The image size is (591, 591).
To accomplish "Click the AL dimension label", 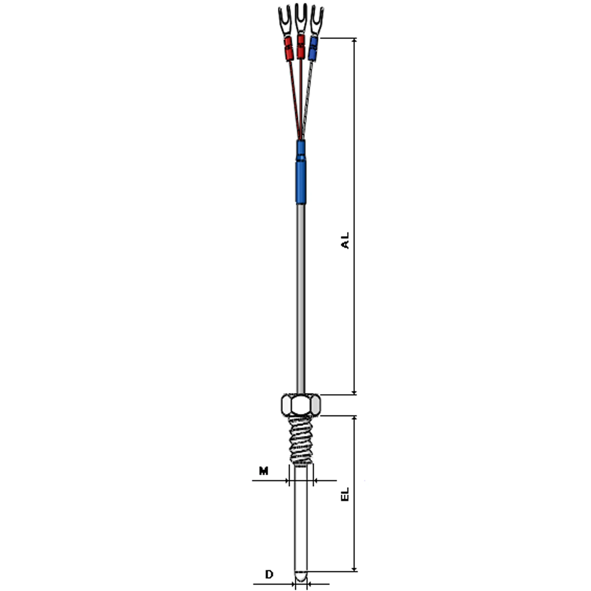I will [x=345, y=240].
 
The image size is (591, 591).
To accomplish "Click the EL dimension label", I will [x=345, y=494].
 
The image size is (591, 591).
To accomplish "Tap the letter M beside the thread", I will [x=263, y=471].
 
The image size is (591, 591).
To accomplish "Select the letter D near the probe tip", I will [x=269, y=574].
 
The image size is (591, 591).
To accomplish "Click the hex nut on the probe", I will [x=301, y=405].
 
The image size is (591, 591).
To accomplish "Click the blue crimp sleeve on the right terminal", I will [x=313, y=49].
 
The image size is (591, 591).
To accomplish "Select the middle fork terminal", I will [x=301, y=18].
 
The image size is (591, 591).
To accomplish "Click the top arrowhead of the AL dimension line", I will [x=354, y=41].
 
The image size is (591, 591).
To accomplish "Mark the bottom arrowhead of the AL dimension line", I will [x=354, y=392].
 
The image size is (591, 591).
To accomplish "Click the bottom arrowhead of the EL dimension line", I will [x=354, y=569].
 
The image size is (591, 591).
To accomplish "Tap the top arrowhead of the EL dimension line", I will [x=354, y=418].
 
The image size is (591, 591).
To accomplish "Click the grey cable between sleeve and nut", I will [x=301, y=295].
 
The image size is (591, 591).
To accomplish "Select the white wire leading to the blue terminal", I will [x=308, y=98].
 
